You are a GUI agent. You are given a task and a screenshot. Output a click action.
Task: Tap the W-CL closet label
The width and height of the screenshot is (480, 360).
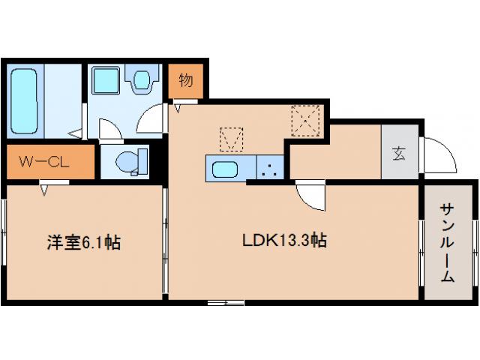[x=44, y=160]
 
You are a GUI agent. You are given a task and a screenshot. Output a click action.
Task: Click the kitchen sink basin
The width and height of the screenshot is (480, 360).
[x=224, y=169]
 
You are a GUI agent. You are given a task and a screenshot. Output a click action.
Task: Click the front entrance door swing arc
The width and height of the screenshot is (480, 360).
[x=438, y=154]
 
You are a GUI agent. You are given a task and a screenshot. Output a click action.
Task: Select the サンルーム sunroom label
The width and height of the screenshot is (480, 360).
[x=447, y=243]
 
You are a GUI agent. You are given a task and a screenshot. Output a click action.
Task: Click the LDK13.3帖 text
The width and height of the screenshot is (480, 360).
[x=283, y=241]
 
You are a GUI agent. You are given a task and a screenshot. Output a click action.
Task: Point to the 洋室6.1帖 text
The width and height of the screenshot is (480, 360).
[x=84, y=241]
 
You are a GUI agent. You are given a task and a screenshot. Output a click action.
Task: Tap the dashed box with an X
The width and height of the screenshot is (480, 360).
[x=306, y=121]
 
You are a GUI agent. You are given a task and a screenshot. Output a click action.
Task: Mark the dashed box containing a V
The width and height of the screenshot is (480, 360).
[x=231, y=139]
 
